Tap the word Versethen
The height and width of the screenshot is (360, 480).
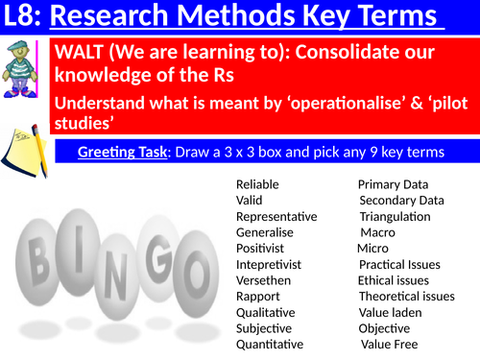coord(263,279)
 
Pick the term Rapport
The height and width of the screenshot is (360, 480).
coord(257,296)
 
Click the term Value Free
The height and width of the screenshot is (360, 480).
coord(389,344)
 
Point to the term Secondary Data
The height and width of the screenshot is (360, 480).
coord(401,200)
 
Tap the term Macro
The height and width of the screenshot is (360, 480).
coord(376,231)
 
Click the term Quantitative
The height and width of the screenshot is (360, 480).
coord(270,344)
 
